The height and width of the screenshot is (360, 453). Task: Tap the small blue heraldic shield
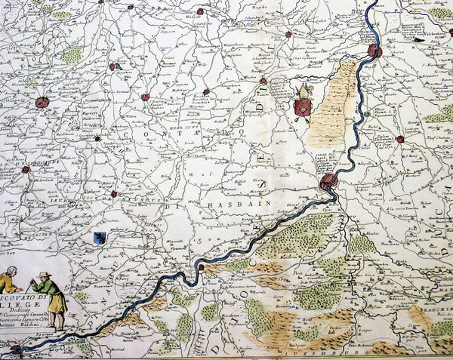coord(99,238)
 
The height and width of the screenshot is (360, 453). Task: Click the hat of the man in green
coord(45,275)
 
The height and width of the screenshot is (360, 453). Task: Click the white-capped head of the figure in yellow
coord(11,270)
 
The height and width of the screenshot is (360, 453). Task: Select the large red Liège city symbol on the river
coord(328,181)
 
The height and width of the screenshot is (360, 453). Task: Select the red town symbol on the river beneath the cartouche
coord(15,349)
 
